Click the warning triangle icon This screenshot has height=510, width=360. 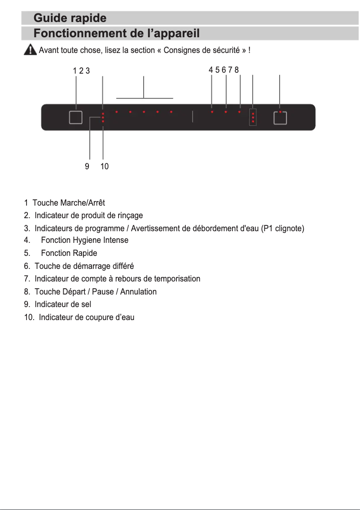click(x=30, y=49)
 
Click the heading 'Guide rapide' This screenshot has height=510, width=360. click(x=70, y=18)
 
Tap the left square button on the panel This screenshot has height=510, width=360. click(x=76, y=118)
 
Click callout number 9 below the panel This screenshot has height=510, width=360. click(x=87, y=167)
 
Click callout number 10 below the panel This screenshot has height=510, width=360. click(x=104, y=167)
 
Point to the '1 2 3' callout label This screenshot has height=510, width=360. click(x=81, y=70)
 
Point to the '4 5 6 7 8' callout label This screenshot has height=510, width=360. click(x=224, y=70)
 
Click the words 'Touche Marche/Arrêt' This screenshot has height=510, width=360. click(x=69, y=203)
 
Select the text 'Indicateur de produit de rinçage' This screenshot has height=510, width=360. click(x=88, y=216)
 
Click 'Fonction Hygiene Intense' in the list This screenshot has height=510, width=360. click(x=84, y=240)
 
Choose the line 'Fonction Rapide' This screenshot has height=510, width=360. click(x=69, y=253)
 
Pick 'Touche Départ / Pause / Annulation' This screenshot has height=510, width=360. click(x=96, y=292)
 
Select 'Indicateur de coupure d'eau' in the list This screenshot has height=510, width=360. click(x=87, y=317)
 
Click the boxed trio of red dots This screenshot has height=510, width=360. click(x=253, y=118)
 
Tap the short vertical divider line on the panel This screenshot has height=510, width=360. click(x=192, y=116)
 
